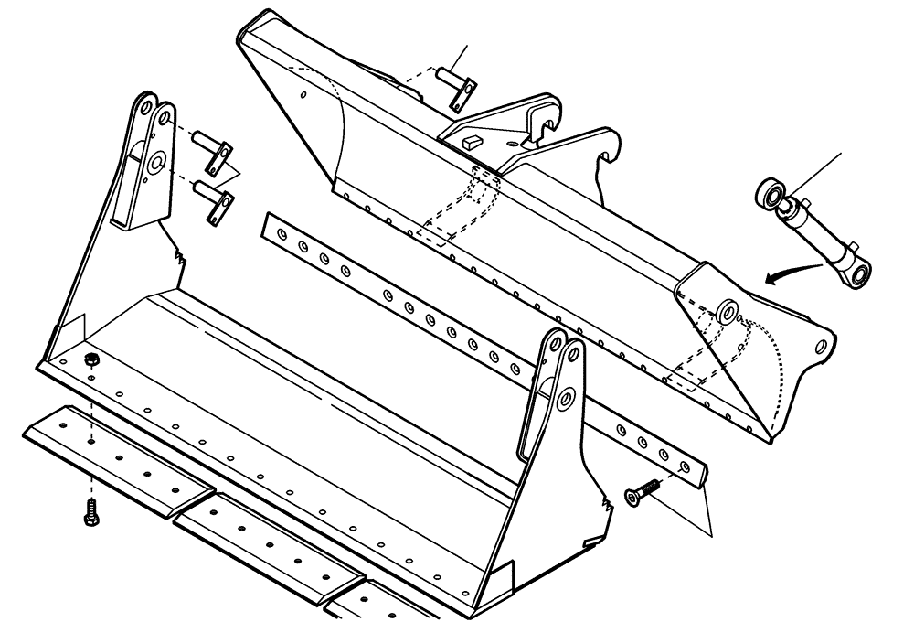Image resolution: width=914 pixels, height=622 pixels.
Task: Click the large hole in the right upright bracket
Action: (564, 398)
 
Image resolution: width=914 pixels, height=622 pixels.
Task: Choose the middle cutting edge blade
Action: (274, 540)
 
